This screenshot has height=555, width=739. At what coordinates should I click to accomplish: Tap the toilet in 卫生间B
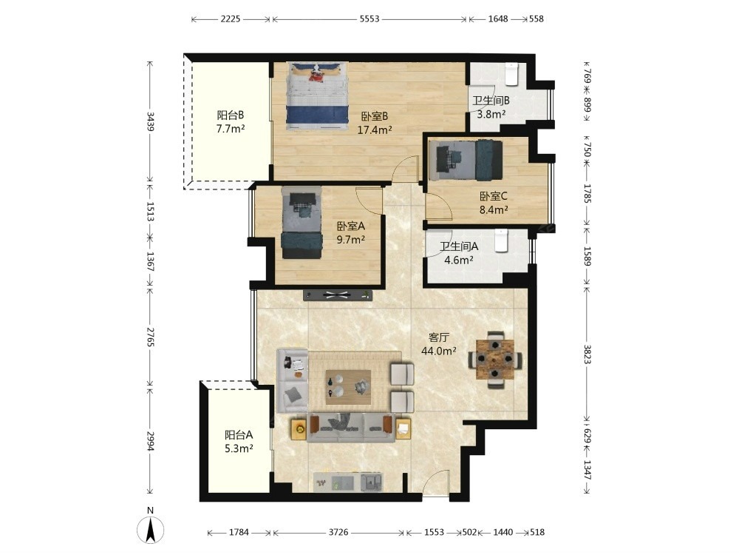tap(512, 74)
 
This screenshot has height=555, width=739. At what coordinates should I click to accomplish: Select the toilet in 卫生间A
tap(502, 240)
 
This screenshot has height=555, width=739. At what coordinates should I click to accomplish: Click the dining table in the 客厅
tap(494, 360)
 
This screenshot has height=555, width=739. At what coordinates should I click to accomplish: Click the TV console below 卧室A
tap(338, 295)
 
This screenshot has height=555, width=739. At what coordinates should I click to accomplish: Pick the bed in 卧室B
tap(317, 96)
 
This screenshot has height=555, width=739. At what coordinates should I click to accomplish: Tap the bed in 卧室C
tap(465, 160)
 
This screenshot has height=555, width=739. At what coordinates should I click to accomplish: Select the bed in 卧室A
tap(302, 222)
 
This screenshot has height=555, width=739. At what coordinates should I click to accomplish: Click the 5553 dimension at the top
tap(369, 19)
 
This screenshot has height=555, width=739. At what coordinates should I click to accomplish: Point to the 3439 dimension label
tap(150, 121)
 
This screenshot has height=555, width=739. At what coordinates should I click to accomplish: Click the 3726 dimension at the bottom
tap(338, 532)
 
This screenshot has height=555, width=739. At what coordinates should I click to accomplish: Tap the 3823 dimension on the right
tap(588, 354)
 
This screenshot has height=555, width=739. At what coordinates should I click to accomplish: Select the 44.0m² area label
tap(439, 351)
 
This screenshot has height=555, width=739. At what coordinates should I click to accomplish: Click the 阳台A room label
tap(239, 434)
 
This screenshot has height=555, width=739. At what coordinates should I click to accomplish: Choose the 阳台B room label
tap(231, 115)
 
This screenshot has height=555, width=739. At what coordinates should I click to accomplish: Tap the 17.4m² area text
tap(375, 129)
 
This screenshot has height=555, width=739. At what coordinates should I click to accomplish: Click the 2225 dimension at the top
tap(231, 19)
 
